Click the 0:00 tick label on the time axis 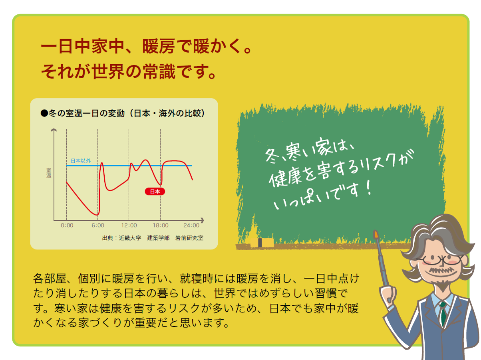click(x=67, y=225)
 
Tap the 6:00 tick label click(x=98, y=225)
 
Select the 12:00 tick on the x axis click(x=129, y=225)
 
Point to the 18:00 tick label click(x=161, y=225)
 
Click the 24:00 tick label click(x=191, y=225)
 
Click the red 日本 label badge click(x=155, y=192)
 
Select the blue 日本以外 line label click(x=81, y=161)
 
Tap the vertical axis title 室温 click(x=49, y=173)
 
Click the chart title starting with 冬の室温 click(x=123, y=113)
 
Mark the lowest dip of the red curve click(x=96, y=215)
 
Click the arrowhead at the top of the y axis click(x=54, y=130)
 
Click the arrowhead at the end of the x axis click(x=202, y=220)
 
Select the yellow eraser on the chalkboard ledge click(x=262, y=243)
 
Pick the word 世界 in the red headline click(x=108, y=71)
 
